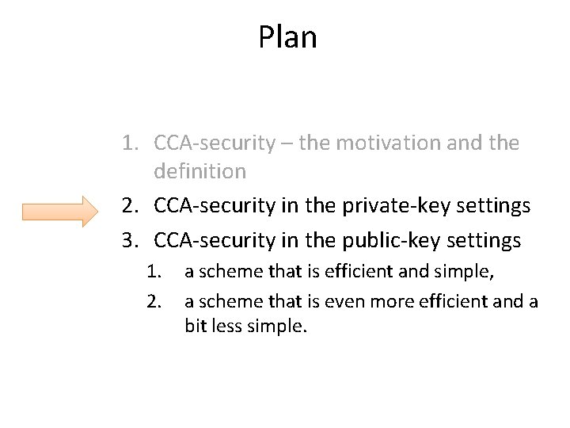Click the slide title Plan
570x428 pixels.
click(x=287, y=37)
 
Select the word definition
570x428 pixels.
click(x=200, y=171)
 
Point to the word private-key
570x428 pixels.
click(x=382, y=205)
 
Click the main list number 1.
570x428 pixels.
click(x=131, y=143)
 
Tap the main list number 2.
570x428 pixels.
click(x=131, y=205)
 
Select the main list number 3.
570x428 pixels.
click(x=131, y=239)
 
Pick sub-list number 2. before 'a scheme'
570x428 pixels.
click(x=154, y=300)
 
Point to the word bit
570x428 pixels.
click(x=197, y=326)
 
